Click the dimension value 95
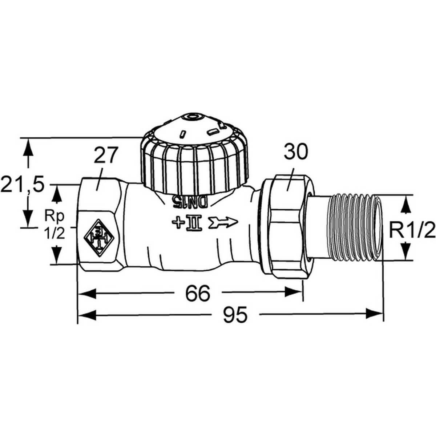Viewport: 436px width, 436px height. tap(235, 315)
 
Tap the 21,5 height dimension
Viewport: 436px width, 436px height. tap(23, 185)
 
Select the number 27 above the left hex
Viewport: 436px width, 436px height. tap(106, 156)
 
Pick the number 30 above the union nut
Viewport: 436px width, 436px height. tap(295, 152)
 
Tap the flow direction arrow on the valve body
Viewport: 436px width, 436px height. tap(222, 221)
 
